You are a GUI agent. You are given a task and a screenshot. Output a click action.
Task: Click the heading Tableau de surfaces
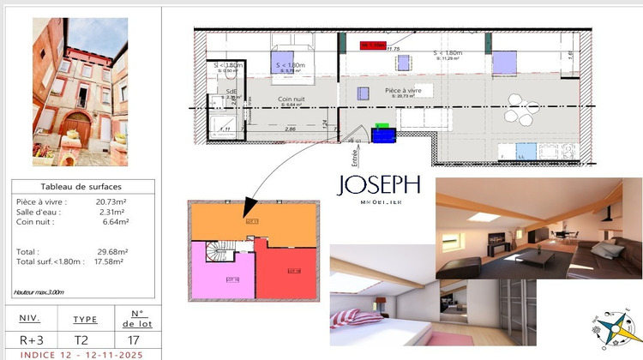81,187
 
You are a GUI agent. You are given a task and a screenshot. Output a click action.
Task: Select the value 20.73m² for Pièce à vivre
111,201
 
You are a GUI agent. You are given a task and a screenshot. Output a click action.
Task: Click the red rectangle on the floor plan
374,45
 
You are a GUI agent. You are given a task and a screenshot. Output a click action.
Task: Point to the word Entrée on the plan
354,156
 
